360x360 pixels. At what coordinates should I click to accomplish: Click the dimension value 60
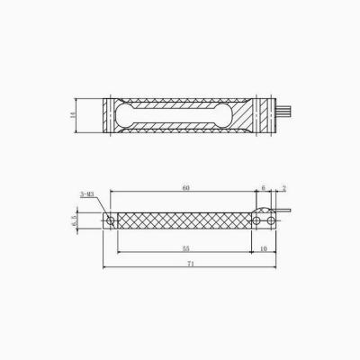click(185, 187)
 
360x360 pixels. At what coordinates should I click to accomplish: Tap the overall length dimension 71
click(191, 264)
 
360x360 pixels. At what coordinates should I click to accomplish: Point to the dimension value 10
click(263, 247)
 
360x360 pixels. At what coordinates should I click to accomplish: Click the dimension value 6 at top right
click(263, 187)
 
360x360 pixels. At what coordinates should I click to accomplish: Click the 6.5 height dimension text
click(76, 220)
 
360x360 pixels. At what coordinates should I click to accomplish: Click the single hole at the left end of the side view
click(111, 220)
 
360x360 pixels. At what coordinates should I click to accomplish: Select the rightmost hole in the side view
click(267, 219)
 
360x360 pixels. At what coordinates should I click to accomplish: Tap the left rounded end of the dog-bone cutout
click(127, 115)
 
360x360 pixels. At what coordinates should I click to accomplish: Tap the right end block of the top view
click(262, 115)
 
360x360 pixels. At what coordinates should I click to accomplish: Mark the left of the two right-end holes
click(256, 219)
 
